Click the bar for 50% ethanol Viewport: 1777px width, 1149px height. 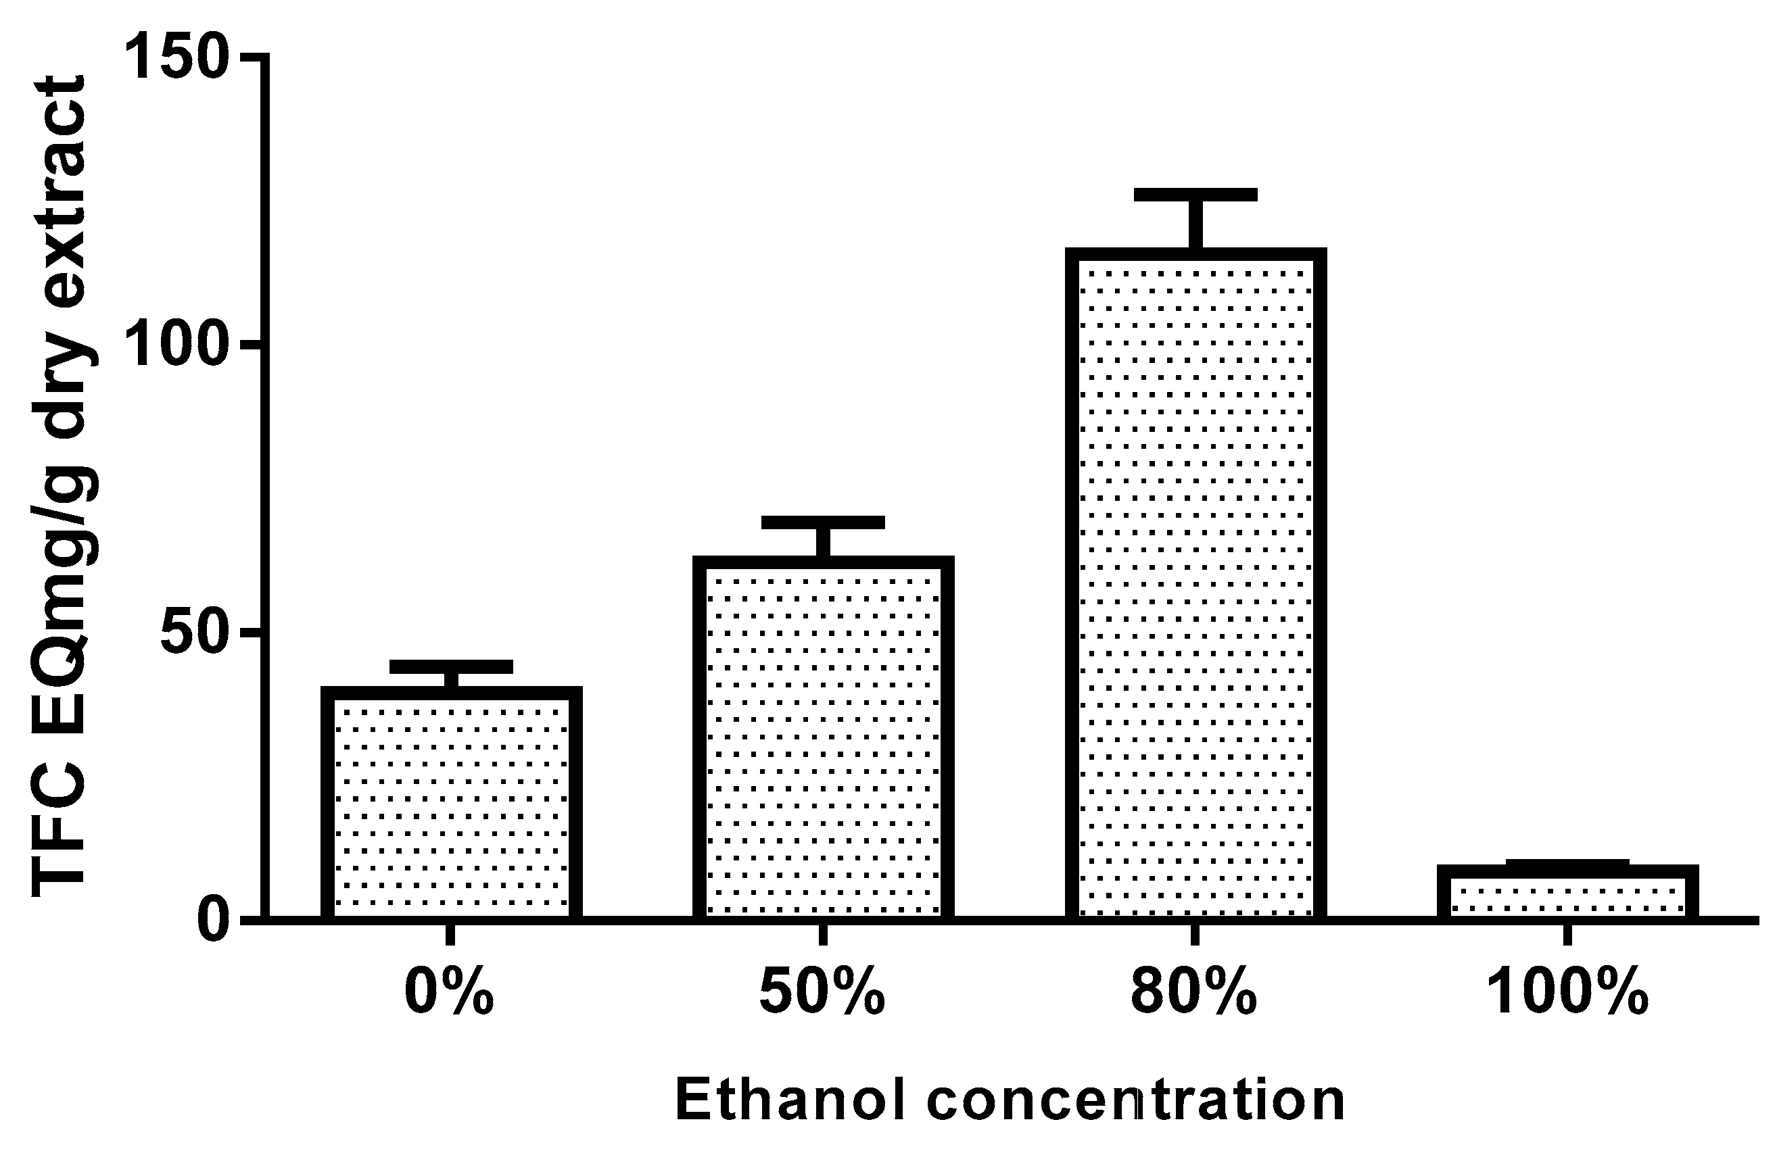[823, 739]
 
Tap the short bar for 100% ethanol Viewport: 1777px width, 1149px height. [1568, 893]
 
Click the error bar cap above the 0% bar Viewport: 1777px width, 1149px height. [451, 666]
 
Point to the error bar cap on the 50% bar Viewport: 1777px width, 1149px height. [823, 522]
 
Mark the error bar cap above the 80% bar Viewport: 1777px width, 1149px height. [1195, 195]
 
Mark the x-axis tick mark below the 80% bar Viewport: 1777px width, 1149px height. [1195, 935]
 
